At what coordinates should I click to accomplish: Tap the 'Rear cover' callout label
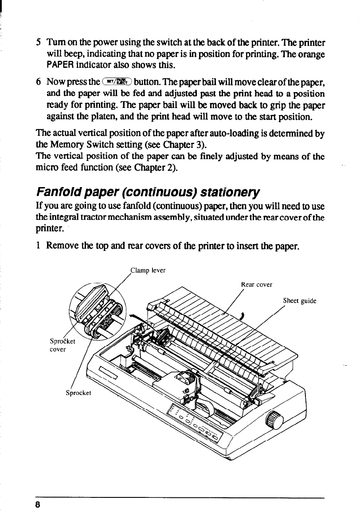tap(256, 285)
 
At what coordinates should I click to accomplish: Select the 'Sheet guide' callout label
tap(300, 301)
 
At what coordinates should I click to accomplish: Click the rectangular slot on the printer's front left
tap(107, 373)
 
